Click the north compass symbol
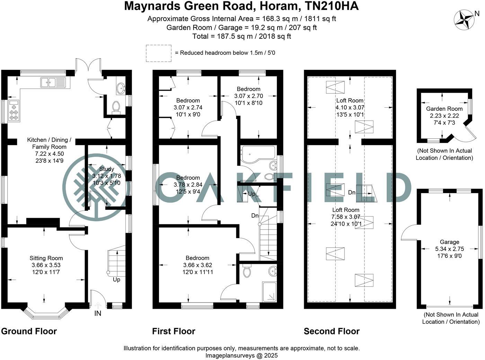[464, 19]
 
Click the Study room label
[106, 169]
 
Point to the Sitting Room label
[46, 258]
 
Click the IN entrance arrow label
[98, 313]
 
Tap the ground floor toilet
[116, 107]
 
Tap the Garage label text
[449, 242]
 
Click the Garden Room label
[444, 109]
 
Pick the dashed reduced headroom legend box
[158, 53]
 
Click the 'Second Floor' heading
[332, 331]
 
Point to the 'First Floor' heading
[174, 331]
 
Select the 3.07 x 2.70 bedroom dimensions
[248, 96]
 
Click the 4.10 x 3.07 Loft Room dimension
[350, 108]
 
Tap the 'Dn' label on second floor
[352, 192]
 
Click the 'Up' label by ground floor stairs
[116, 279]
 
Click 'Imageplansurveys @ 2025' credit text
[241, 355]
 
